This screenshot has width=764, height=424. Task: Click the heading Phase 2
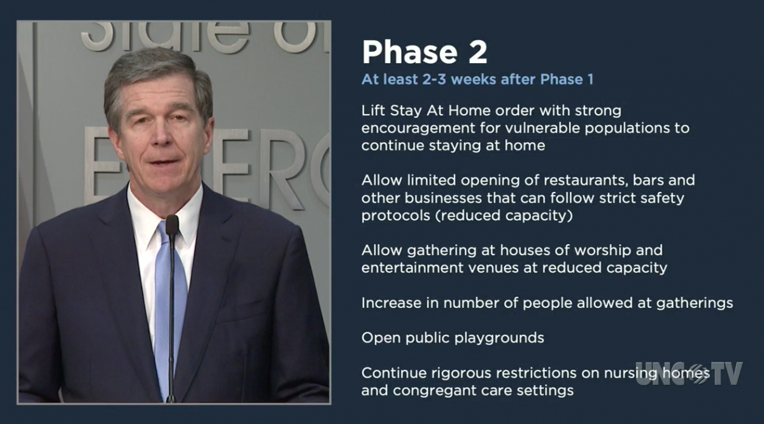[425, 52]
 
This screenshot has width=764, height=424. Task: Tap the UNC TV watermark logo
[689, 374]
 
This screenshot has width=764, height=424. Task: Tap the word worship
[603, 251]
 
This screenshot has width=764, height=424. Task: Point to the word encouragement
[418, 128]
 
